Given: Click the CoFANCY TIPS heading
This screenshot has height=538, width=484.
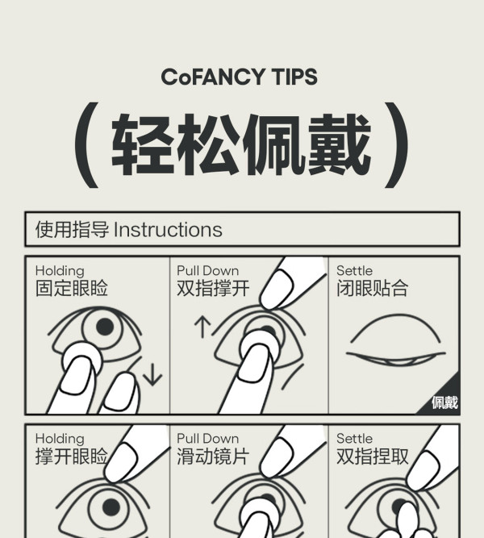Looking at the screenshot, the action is click(x=239, y=77).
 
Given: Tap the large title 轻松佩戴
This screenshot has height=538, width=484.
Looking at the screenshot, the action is click(x=241, y=144).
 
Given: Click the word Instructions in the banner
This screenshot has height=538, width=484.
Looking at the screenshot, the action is click(x=168, y=230).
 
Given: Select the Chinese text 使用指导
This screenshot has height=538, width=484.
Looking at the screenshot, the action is click(x=72, y=230).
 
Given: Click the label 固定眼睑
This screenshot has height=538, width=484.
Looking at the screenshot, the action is click(x=72, y=288).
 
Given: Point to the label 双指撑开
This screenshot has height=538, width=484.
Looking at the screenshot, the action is click(x=213, y=288).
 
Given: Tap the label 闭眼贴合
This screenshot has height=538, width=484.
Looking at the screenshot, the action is click(x=373, y=288).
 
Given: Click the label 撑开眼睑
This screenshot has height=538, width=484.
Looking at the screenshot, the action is click(x=72, y=457).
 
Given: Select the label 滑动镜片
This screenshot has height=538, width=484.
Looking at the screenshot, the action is click(x=213, y=457).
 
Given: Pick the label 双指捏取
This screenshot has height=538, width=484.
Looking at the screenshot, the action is click(x=373, y=457).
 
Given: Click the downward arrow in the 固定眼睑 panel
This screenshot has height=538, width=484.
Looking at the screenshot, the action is click(x=152, y=373).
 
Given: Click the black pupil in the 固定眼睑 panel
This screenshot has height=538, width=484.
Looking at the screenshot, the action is click(x=105, y=327).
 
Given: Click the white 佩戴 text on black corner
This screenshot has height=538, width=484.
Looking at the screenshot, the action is click(x=444, y=402).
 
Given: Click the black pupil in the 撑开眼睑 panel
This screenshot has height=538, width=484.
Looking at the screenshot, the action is click(x=111, y=507).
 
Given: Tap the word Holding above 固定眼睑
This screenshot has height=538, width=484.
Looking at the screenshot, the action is click(x=60, y=271).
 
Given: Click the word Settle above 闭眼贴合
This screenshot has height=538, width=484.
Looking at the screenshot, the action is click(x=354, y=271).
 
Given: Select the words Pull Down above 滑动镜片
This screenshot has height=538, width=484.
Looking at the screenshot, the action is click(x=207, y=439).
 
